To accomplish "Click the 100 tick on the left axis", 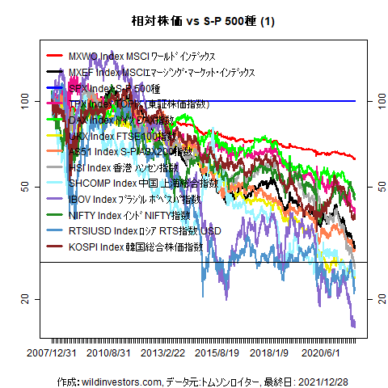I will (x=24, y=101).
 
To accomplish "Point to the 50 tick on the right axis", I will (x=373, y=187).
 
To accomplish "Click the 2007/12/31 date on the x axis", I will (x=53, y=352).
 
